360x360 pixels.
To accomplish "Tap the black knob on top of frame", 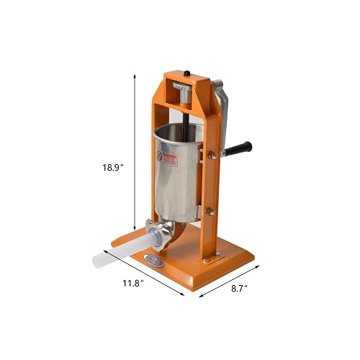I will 186,73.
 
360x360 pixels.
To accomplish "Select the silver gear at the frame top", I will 182,93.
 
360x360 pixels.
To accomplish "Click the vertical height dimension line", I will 135,151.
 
